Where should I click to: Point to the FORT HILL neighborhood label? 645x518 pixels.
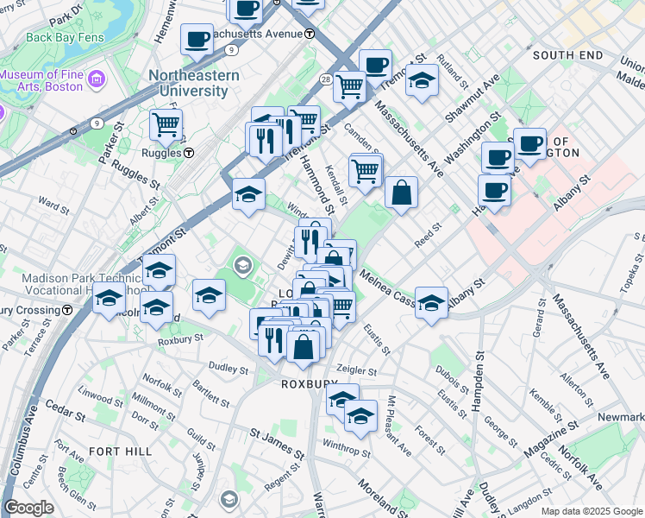(120, 452)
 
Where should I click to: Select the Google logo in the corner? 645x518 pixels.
(29, 508)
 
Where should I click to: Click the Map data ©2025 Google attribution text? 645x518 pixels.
(592, 511)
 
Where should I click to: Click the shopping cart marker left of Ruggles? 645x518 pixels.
(166, 123)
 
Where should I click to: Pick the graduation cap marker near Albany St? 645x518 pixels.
(431, 302)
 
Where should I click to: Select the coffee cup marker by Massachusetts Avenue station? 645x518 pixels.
(197, 38)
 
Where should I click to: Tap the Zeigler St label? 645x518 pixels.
(357, 370)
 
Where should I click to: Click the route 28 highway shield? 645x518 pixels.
(326, 79)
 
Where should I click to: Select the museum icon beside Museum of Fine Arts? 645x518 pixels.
(95, 80)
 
